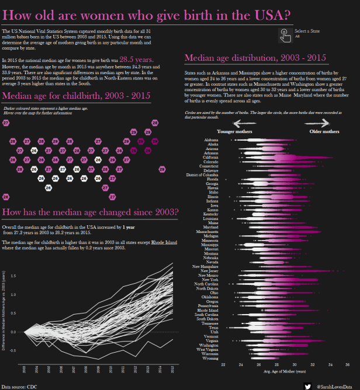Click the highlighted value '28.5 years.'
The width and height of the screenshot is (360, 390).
point(136,59)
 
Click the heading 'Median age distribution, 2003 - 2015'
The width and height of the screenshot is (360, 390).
point(255,58)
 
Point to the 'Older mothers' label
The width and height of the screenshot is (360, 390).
point(323,132)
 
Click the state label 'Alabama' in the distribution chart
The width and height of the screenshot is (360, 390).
point(212,140)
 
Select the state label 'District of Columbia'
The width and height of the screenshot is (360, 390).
point(203,175)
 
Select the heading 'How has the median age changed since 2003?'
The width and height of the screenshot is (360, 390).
point(91,211)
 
